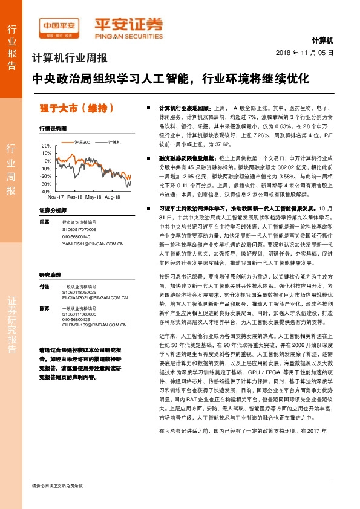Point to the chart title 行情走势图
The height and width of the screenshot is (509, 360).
[x=52, y=129]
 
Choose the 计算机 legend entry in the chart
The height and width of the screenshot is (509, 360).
[x=114, y=143]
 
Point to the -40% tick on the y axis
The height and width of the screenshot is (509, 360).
[x=46, y=191]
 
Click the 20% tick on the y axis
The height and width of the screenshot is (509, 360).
[x=47, y=146]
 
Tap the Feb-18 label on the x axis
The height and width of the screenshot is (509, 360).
[x=74, y=198]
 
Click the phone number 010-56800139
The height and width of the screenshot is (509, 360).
[x=76, y=319]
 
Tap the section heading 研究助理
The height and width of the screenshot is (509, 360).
[x=51, y=274]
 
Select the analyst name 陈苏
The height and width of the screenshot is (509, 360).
[x=44, y=308]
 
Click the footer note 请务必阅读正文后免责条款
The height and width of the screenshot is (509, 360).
[x=57, y=485]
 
